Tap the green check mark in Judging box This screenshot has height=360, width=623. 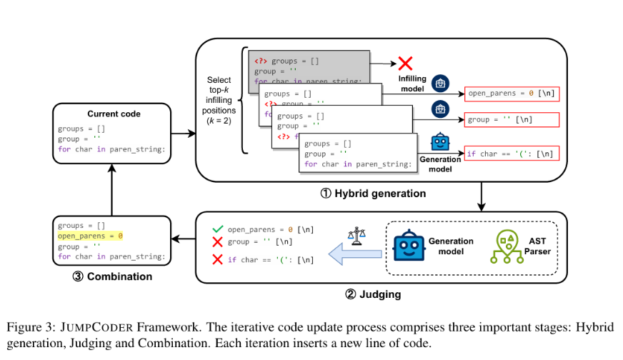coord(217,230)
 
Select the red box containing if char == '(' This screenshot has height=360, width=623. coord(510,154)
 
